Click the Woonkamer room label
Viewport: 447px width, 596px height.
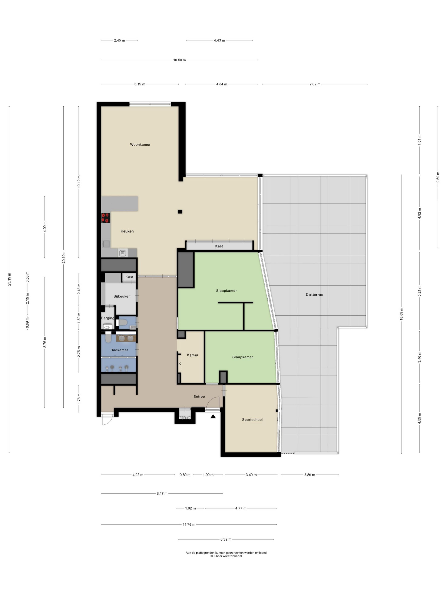click(x=140, y=144)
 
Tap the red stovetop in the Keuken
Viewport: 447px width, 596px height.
click(x=106, y=218)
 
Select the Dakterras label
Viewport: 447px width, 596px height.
click(x=314, y=295)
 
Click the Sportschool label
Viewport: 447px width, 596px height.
click(x=252, y=420)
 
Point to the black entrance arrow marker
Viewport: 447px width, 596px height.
click(x=213, y=416)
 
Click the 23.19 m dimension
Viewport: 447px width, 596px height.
click(x=9, y=279)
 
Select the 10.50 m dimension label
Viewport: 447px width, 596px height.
click(x=179, y=60)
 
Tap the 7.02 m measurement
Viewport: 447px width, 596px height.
click(x=315, y=84)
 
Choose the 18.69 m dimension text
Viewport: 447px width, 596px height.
click(x=401, y=314)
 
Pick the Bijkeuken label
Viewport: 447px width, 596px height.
click(x=122, y=296)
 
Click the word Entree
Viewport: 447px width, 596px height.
click(x=199, y=396)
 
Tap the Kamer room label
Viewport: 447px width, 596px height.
click(x=193, y=355)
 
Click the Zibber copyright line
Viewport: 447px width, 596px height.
click(x=226, y=556)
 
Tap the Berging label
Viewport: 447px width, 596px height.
click(x=107, y=318)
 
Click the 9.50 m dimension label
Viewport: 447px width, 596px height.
click(x=438, y=177)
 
